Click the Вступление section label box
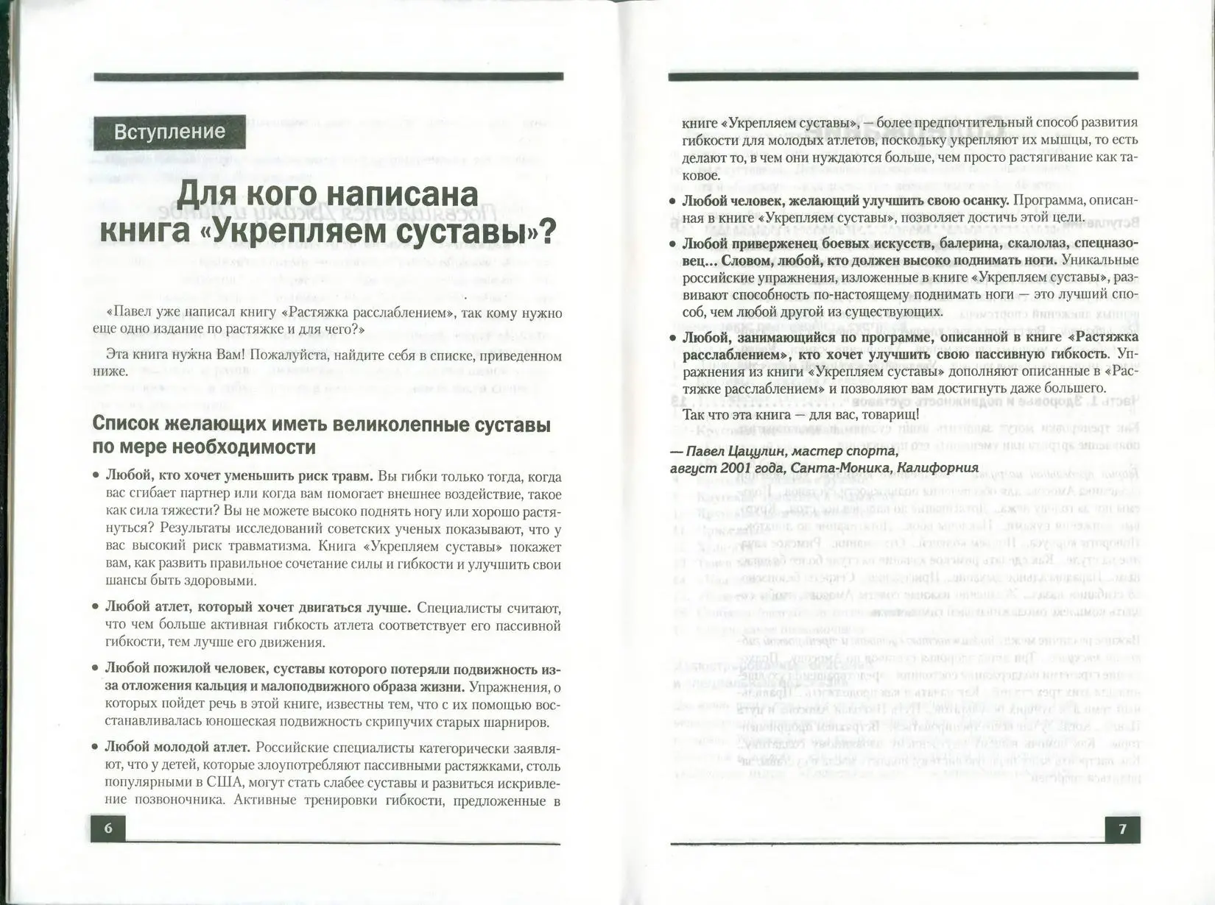169,132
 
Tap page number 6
108,828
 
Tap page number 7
1122,829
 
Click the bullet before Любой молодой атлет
96,748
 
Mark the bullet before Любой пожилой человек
96,669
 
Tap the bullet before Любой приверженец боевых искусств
672,244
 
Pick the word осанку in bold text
984,200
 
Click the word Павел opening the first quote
131,313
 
